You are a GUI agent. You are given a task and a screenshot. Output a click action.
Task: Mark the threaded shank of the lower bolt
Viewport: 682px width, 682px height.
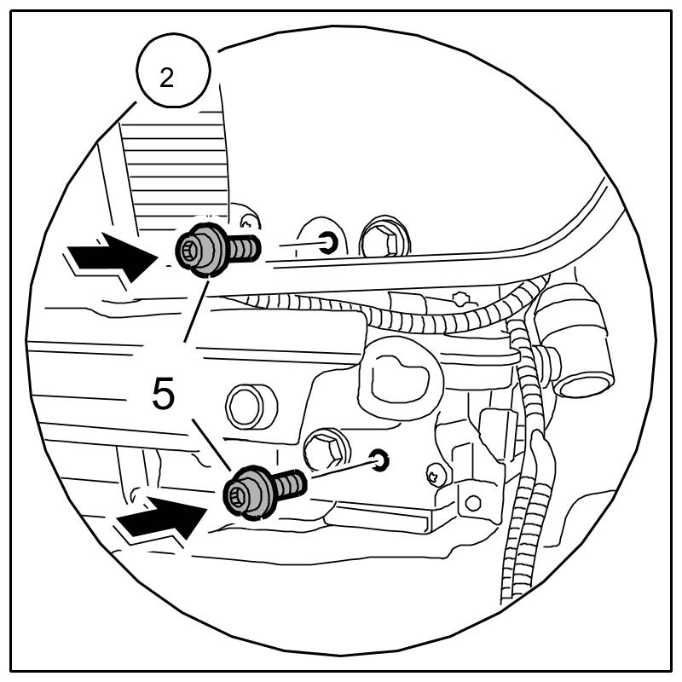(x=290, y=484)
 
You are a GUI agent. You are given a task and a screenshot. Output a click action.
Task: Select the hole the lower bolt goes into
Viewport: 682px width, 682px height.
(x=380, y=461)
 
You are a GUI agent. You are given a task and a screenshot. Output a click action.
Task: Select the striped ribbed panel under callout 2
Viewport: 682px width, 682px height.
(x=175, y=170)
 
